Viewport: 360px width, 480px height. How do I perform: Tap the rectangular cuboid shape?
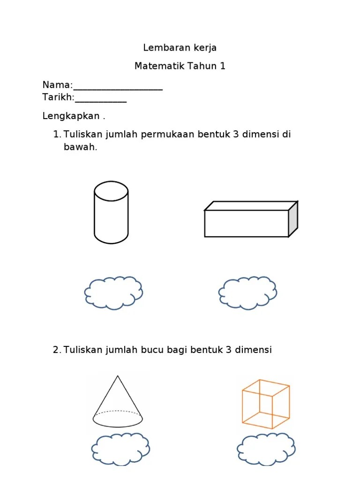coord(246,223)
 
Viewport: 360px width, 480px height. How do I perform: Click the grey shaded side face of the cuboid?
coord(293,219)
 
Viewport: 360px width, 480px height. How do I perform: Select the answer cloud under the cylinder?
coord(113,292)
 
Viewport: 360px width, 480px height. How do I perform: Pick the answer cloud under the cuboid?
coord(247,292)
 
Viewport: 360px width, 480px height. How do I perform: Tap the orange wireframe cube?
coord(265,404)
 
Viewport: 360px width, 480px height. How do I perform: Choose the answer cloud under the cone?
coord(120,449)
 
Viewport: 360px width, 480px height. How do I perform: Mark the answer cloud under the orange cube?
coord(266,449)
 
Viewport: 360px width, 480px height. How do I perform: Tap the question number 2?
coord(57,350)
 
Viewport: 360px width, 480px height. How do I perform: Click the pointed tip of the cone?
coord(118,376)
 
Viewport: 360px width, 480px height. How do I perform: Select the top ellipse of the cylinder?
coord(111,191)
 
